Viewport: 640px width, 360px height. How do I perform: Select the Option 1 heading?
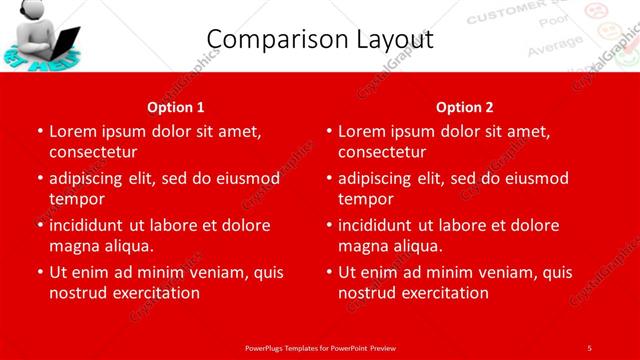pyautogui.click(x=176, y=106)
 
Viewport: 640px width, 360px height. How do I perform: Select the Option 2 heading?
pyautogui.click(x=465, y=106)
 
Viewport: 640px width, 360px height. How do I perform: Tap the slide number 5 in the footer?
pyautogui.click(x=589, y=347)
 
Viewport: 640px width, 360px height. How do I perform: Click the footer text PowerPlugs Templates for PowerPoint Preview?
pyautogui.click(x=320, y=347)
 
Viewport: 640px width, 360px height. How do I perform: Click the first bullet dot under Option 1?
pyautogui.click(x=39, y=131)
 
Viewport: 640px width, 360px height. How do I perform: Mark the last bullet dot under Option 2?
pyautogui.click(x=329, y=272)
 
